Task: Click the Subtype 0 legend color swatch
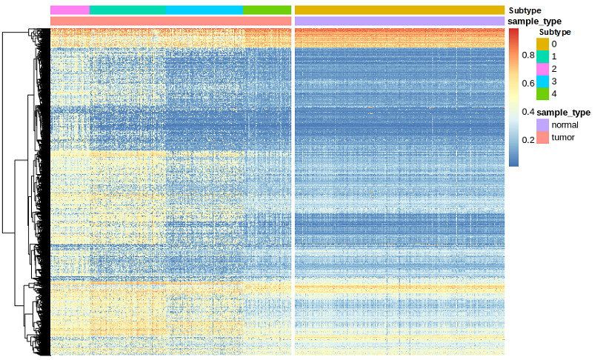542,44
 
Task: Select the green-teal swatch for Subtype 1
542,56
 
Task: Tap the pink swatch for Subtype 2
542,69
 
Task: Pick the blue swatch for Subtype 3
542,81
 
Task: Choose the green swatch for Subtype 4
542,94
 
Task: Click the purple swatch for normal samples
542,125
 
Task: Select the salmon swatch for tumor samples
542,138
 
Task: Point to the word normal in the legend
565,125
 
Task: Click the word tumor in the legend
563,138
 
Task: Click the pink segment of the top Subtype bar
70,10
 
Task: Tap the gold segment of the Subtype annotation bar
399,10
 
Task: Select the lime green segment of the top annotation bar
267,10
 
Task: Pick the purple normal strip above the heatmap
399,21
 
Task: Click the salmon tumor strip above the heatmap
170,21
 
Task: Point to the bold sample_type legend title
564,113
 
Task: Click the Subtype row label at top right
525,10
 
